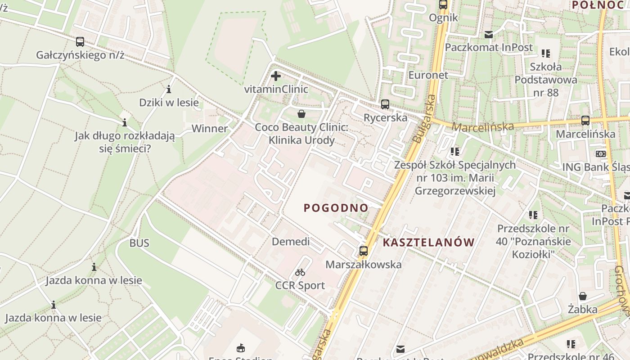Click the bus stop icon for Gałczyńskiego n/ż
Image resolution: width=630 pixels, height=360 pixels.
[80, 42]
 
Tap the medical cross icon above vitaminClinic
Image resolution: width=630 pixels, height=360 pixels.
[276, 76]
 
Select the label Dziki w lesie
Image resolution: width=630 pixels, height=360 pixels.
[169, 103]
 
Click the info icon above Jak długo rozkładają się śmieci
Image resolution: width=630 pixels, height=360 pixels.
[125, 122]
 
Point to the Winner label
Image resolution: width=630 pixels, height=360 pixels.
[210, 129]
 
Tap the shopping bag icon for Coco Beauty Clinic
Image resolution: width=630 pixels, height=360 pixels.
[301, 114]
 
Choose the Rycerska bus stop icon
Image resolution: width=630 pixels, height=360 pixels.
[385, 104]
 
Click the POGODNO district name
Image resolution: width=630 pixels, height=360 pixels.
[336, 208]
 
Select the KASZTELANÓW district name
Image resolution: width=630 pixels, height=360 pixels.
[428, 243]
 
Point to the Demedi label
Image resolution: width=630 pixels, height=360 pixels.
[291, 242]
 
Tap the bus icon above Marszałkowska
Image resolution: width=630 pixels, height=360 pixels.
[364, 251]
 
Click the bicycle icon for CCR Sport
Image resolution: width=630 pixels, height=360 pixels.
[300, 272]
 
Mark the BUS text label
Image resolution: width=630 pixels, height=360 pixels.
[139, 243]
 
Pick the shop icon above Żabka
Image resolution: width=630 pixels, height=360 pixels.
[583, 296]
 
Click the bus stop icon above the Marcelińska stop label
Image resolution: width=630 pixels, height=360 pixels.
[585, 121]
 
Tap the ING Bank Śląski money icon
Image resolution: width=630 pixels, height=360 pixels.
[601, 154]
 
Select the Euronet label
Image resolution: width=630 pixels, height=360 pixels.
[428, 75]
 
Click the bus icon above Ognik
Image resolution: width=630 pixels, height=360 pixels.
[443, 5]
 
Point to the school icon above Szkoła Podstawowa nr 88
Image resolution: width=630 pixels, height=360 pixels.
[546, 54]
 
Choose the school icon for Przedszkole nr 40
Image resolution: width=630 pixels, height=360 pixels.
[533, 215]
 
